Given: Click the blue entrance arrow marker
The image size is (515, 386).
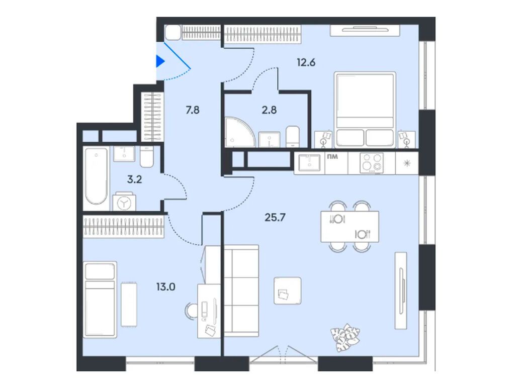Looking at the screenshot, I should tap(160, 62).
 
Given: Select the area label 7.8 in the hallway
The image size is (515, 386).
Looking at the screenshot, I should tap(193, 110).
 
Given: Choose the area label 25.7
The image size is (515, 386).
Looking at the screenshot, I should tap(275, 217).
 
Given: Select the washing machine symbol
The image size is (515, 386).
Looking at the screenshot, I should tap(123, 202).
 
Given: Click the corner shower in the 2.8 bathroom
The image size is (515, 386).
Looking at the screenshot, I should tap(237, 132).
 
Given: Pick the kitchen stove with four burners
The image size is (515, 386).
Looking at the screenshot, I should tap(372, 163).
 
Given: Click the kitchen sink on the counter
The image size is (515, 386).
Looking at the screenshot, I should tap(309, 163).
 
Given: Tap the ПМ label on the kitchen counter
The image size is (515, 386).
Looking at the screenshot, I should tap(332, 156).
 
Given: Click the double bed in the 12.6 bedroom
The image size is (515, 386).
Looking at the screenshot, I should tap(365, 108).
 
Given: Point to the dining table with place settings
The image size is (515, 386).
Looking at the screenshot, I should tap(350, 226).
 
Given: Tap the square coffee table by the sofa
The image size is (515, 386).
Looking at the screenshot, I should tap(287, 291).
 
